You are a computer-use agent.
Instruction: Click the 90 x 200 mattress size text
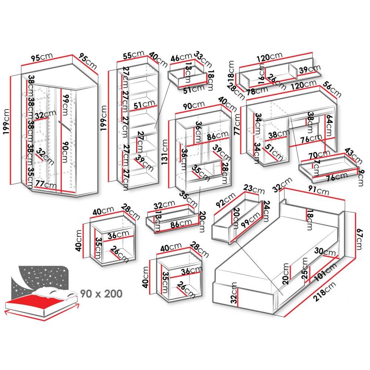point(101,294)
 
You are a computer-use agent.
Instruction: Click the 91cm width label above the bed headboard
point(319,191)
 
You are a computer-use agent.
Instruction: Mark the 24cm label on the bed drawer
point(265,211)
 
